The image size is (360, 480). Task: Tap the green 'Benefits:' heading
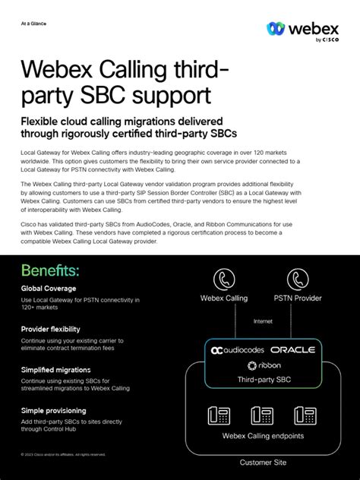pyautogui.click(x=50, y=270)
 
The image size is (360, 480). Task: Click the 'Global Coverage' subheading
pyautogui.click(x=49, y=289)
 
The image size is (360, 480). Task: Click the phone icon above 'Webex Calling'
pyautogui.click(x=224, y=279)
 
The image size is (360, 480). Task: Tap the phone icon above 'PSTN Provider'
pyautogui.click(x=298, y=279)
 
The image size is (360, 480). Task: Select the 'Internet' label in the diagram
pyautogui.click(x=263, y=322)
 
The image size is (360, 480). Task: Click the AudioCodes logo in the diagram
pyautogui.click(x=238, y=350)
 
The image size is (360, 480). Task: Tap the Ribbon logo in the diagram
pyautogui.click(x=263, y=365)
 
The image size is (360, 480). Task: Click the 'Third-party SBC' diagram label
pyautogui.click(x=264, y=380)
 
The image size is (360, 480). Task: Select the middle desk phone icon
pyautogui.click(x=262, y=415)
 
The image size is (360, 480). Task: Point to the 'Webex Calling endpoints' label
pyautogui.click(x=262, y=436)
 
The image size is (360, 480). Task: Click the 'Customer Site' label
pyautogui.click(x=263, y=463)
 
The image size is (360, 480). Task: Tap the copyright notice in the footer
pyautogui.click(x=63, y=455)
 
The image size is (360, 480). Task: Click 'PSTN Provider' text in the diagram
pyautogui.click(x=298, y=298)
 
